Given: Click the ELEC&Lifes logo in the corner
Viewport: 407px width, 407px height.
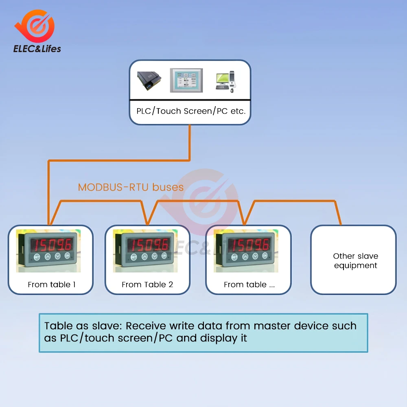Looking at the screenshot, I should pyautogui.click(x=37, y=33).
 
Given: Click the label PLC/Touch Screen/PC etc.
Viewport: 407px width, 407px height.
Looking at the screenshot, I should pyautogui.click(x=190, y=111).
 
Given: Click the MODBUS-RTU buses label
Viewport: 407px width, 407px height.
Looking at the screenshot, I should pyautogui.click(x=131, y=187).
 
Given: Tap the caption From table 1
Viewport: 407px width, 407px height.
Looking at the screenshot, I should pyautogui.click(x=51, y=284).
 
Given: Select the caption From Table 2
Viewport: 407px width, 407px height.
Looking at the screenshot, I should pyautogui.click(x=147, y=284).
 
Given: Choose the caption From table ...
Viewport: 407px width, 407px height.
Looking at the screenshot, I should pyautogui.click(x=249, y=284).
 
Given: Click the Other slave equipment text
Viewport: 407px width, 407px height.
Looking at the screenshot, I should pyautogui.click(x=355, y=260).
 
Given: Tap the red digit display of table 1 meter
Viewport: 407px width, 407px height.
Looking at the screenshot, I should pyautogui.click(x=53, y=244).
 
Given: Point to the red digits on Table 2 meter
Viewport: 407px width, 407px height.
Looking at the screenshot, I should pyautogui.click(x=149, y=244).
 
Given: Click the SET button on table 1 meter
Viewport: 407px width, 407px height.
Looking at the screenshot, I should pyautogui.click(x=37, y=257).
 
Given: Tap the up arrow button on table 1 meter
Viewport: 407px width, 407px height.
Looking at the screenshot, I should pyautogui.click(x=48, y=256).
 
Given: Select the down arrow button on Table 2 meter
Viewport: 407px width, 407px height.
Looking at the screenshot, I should pyautogui.click(x=155, y=256).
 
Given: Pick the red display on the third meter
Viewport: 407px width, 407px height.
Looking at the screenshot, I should pyautogui.click(x=249, y=245).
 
